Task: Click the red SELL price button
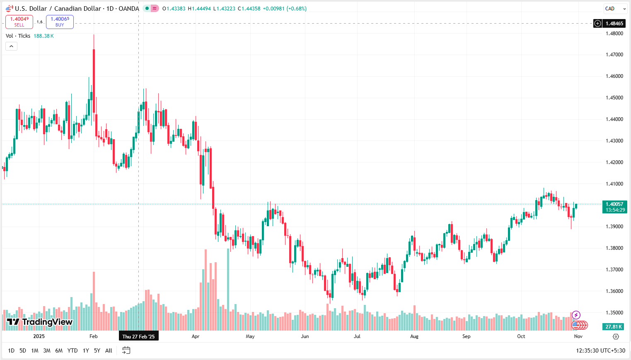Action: [x=19, y=22]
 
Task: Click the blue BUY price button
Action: [x=60, y=22]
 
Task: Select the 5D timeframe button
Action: [x=23, y=350]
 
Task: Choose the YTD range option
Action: [x=73, y=350]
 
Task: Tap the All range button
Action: [x=109, y=350]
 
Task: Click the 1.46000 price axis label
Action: [x=614, y=76]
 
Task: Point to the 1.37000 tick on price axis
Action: [x=614, y=270]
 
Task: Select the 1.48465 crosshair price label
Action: [x=614, y=24]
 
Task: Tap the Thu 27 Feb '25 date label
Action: [x=138, y=336]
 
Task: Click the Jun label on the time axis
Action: [x=305, y=336]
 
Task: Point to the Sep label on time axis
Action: [x=467, y=336]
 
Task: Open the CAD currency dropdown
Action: [x=615, y=8]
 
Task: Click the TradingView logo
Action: [x=40, y=322]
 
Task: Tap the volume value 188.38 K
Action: [x=44, y=36]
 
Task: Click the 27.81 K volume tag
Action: [x=614, y=327]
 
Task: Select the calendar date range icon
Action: [x=126, y=350]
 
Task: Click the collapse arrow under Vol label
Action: [x=11, y=46]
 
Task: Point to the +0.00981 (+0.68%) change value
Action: [x=285, y=8]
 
